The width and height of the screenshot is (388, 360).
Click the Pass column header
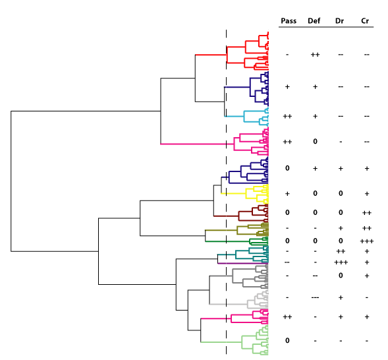pos(289,21)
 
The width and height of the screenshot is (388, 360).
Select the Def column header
pos(314,21)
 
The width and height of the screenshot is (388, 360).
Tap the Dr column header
pos(339,21)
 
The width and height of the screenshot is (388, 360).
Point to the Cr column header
pos(365,21)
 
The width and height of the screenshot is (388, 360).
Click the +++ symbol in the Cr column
pos(367,241)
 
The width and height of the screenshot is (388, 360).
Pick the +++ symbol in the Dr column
pos(341,262)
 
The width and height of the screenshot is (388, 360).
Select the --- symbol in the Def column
pos(315,297)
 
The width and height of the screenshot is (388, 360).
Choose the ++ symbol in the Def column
pos(315,55)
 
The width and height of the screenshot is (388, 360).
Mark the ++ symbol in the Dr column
pos(341,251)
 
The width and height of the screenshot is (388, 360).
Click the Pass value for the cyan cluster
pos(287,116)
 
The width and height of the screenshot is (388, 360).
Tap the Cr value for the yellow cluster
pos(367,194)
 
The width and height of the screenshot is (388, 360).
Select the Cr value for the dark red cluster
pos(367,213)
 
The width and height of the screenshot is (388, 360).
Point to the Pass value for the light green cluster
pos(287,341)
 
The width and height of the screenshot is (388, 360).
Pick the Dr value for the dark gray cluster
pos(341,276)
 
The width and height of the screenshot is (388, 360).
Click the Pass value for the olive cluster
pos(287,228)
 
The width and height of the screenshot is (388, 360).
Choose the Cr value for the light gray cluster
pos(367,297)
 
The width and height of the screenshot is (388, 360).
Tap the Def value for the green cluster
pos(315,241)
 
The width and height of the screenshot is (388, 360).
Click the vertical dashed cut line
pos(226,193)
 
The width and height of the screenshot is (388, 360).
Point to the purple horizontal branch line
pos(243,264)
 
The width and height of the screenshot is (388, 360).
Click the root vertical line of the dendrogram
pos(11,181)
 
